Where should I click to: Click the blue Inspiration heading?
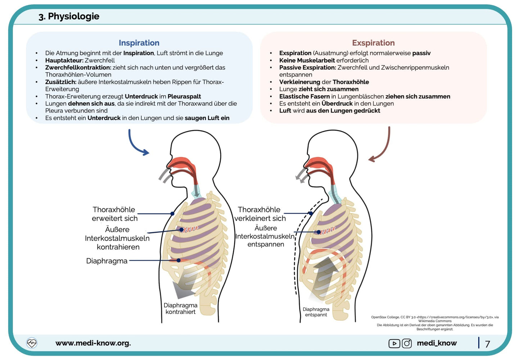(x=139, y=43)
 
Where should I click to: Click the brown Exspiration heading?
(x=373, y=43)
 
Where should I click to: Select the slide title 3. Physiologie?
(x=69, y=16)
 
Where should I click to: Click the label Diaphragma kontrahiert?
(x=180, y=309)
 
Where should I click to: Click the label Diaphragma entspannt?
(x=316, y=312)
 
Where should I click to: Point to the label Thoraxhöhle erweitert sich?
(x=114, y=214)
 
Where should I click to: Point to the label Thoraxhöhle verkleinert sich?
(x=260, y=214)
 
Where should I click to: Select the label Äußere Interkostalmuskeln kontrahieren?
(x=117, y=238)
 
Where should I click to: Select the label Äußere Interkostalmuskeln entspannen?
(x=265, y=236)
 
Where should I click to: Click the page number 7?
(x=488, y=344)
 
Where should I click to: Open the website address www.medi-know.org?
(x=93, y=343)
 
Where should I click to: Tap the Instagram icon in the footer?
(x=407, y=343)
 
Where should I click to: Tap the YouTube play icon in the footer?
(x=394, y=343)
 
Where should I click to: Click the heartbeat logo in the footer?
(x=32, y=343)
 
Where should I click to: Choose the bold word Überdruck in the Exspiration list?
(x=337, y=104)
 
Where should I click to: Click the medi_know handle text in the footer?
(x=437, y=343)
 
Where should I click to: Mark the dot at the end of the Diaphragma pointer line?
(x=178, y=260)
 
